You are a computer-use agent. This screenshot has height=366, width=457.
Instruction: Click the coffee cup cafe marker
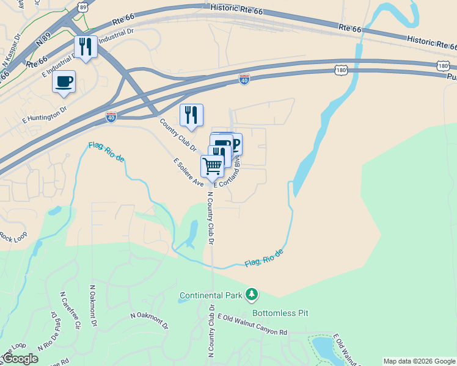pos(64,82)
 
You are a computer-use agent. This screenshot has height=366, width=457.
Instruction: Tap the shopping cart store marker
pos(212,167)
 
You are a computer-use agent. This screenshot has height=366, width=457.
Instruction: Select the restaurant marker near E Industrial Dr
pos(85,47)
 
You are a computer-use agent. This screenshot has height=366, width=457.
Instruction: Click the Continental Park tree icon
pos(251,295)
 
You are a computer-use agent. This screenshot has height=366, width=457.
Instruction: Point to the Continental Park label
pos(211,296)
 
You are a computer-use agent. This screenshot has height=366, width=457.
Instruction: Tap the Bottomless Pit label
pos(280,313)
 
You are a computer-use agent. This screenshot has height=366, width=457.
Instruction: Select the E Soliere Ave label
pos(188,173)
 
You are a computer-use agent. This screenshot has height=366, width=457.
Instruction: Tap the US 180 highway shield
pos(341,71)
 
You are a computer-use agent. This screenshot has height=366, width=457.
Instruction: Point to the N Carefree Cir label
pos(70,310)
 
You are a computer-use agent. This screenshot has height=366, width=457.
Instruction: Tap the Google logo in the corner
pos(20,359)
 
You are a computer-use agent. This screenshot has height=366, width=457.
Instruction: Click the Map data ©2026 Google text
pos(419,361)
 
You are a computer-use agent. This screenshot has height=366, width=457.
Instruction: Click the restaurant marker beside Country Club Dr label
pos(191,115)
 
